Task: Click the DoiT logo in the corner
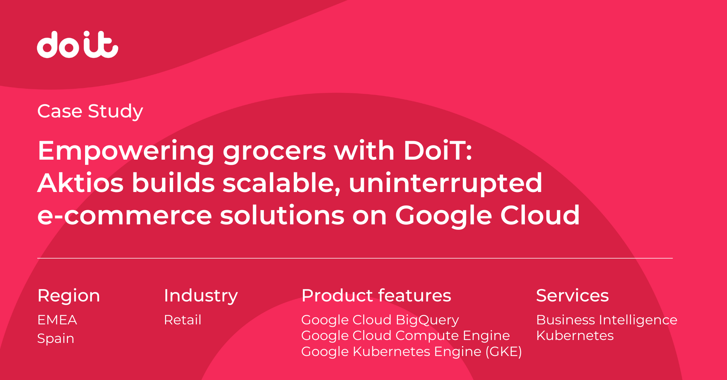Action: [x=77, y=44]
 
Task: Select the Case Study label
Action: [x=90, y=111]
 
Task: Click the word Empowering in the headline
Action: [x=126, y=151]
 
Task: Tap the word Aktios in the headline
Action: [x=81, y=183]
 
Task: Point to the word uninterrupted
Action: [x=446, y=184]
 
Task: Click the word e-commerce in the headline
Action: [x=125, y=216]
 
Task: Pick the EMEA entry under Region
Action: [x=57, y=320]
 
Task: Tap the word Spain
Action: [x=56, y=339]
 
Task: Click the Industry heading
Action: [x=201, y=296]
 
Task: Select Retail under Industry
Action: [x=182, y=320]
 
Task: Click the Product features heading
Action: [x=376, y=295]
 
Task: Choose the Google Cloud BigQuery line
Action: [x=380, y=320]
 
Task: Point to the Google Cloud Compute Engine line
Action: [x=406, y=336]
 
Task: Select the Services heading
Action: [x=573, y=295]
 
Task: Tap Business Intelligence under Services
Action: [x=607, y=320]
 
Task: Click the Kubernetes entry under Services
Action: [x=575, y=336]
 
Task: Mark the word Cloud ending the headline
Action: [x=540, y=215]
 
